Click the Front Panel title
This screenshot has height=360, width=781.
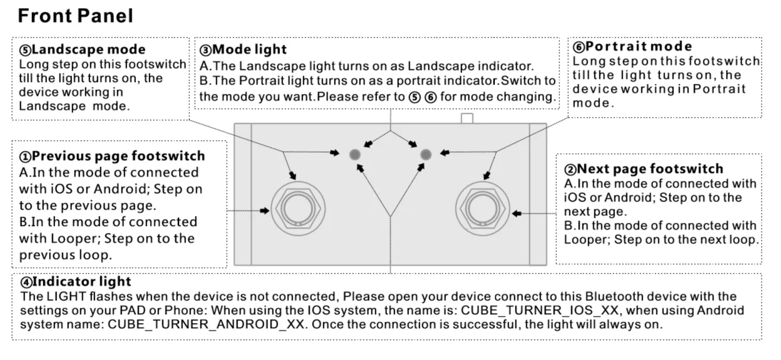(75, 16)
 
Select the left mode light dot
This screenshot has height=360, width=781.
(355, 153)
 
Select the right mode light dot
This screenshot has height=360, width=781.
(426, 153)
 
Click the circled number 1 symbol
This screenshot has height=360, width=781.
(24, 156)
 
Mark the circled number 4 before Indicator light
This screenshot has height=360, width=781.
(24, 282)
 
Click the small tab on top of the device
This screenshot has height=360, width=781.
(465, 118)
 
